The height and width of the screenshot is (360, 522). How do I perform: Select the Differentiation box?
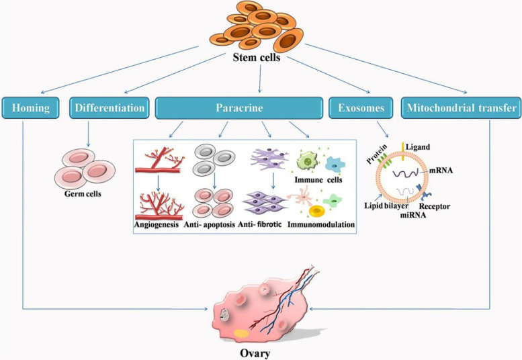108,107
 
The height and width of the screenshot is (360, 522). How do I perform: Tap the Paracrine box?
240,107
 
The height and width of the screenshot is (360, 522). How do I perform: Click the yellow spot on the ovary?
240,332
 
